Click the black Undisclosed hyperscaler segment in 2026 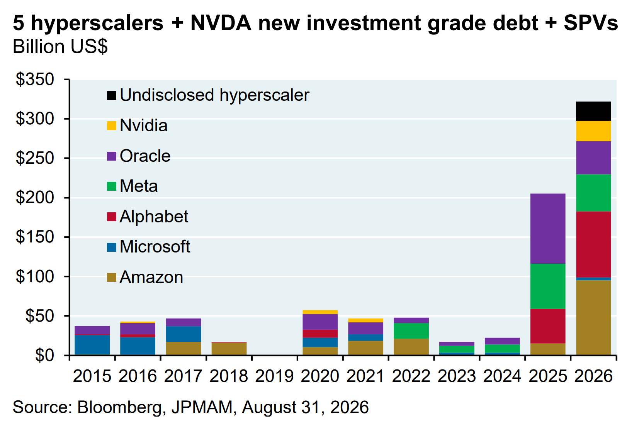tap(594, 111)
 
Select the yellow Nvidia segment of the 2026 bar tap(594, 131)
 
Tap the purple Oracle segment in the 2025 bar tap(548, 229)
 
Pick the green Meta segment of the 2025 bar tap(548, 286)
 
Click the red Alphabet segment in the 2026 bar tap(594, 244)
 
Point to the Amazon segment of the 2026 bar tap(594, 317)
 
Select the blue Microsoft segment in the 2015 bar tap(92, 345)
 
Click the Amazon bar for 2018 tap(229, 349)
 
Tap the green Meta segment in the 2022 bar tap(411, 331)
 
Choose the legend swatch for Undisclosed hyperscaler tap(112, 95)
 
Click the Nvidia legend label tap(144, 125)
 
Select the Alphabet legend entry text tap(154, 217)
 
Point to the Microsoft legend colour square tap(112, 247)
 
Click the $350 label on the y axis tap(35, 79)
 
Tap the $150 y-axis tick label tap(35, 237)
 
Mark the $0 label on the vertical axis tap(44, 356)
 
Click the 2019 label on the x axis tap(274, 376)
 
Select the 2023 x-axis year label tap(457, 376)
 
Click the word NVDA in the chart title tap(221, 23)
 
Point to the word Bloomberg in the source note tap(119, 407)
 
